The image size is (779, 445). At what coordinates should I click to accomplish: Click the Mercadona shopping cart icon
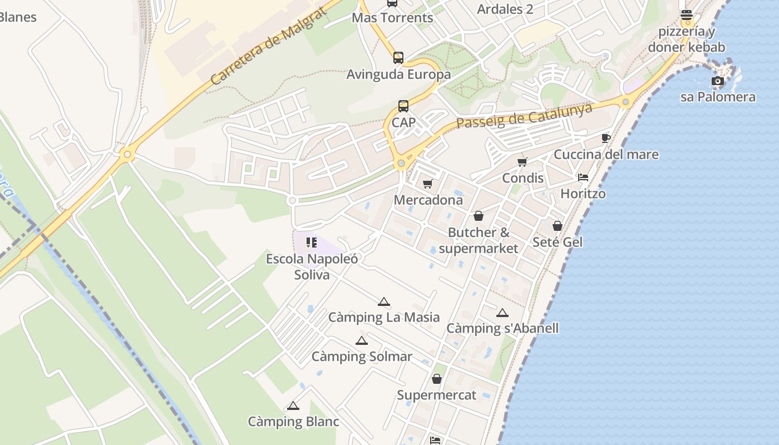pyautogui.click(x=427, y=184)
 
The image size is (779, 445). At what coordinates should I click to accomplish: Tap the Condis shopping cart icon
pyautogui.click(x=522, y=162)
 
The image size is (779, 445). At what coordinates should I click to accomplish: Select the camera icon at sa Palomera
pyautogui.click(x=718, y=81)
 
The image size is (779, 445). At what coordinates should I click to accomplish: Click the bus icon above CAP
pyautogui.click(x=403, y=106)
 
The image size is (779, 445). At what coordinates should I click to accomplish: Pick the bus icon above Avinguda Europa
pyautogui.click(x=398, y=57)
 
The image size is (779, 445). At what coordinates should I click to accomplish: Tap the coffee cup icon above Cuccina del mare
pyautogui.click(x=605, y=138)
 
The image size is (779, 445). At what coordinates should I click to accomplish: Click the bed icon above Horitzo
pyautogui.click(x=583, y=177)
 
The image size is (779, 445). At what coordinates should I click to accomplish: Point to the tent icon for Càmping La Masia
pyautogui.click(x=383, y=302)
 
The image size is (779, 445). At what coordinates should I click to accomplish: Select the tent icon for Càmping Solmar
pyautogui.click(x=362, y=341)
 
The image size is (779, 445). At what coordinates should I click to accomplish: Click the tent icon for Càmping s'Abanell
pyautogui.click(x=502, y=313)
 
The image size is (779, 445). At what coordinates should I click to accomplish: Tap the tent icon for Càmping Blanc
pyautogui.click(x=293, y=406)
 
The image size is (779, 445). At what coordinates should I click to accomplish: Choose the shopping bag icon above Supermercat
pyautogui.click(x=437, y=379)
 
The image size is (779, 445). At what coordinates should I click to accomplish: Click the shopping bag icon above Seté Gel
pyautogui.click(x=558, y=226)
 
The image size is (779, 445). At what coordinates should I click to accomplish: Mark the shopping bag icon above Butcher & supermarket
pyautogui.click(x=479, y=216)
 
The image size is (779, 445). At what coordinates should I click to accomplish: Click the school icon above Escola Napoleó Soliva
pyautogui.click(x=311, y=243)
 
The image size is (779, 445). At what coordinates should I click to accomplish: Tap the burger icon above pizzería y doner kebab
pyautogui.click(x=686, y=14)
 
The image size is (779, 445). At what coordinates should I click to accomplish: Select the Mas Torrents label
pyautogui.click(x=392, y=18)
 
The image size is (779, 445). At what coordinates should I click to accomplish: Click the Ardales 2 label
pyautogui.click(x=505, y=9)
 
